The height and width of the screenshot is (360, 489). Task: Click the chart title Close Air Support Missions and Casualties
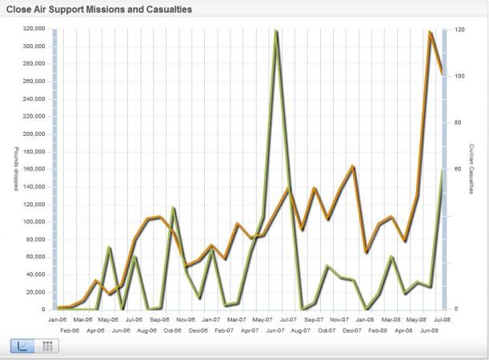coord(103,10)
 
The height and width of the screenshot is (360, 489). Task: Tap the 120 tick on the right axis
coord(460,30)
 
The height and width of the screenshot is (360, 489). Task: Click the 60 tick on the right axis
coord(459,170)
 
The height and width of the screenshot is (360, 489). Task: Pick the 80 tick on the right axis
coord(459,122)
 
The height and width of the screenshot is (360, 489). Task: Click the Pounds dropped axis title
coord(15,169)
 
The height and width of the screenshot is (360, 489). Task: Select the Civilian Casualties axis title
coord(472,169)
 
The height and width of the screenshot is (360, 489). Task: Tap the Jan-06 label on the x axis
coord(58,319)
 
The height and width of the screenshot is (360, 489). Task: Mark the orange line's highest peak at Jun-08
coord(430,32)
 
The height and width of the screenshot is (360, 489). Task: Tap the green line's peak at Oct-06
coord(173,208)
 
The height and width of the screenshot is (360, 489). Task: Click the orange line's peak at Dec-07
coord(353,166)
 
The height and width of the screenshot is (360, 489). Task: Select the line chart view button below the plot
coord(22,346)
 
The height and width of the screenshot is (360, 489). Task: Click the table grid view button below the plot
coord(46,346)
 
